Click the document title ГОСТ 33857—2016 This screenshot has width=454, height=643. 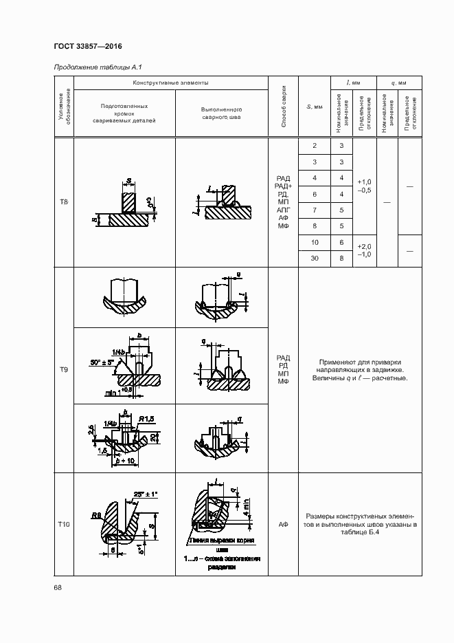88,46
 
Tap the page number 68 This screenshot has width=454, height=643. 58,587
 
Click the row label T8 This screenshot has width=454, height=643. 64,202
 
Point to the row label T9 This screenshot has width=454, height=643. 64,370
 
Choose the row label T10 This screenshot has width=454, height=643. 64,524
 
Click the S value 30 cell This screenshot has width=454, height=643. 315,258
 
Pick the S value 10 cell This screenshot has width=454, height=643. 315,243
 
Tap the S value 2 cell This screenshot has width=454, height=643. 315,146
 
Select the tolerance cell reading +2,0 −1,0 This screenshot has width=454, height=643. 364,250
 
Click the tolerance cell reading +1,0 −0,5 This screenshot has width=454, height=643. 364,186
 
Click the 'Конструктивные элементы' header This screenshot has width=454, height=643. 171,83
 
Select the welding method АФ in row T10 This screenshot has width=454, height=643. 284,524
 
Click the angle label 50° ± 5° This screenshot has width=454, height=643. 102,362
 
